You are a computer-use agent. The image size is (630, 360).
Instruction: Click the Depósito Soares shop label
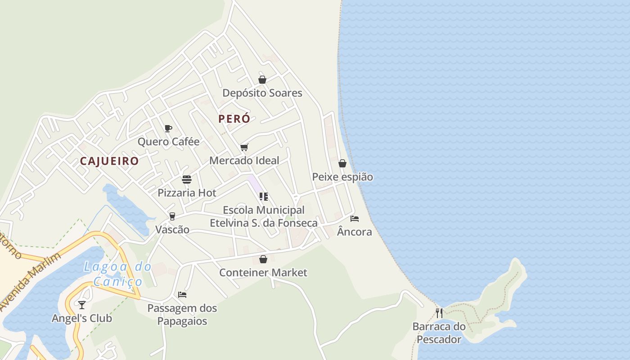tap(262, 93)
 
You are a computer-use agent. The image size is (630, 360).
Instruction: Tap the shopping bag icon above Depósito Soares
tap(262, 80)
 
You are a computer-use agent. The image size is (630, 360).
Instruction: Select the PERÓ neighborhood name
tap(234, 119)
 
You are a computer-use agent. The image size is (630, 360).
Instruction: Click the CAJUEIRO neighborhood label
tap(109, 161)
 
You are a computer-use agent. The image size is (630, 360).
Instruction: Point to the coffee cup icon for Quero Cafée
tap(168, 129)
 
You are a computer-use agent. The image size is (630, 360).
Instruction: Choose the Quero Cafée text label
tap(168, 142)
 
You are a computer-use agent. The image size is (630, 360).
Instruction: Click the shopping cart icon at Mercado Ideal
tap(244, 147)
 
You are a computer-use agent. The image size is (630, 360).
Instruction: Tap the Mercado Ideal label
tap(244, 160)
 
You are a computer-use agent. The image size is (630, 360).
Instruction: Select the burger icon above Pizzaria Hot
tap(187, 180)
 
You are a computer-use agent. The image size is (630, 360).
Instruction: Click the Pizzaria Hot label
tap(187, 193)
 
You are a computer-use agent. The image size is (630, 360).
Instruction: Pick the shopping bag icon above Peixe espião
tap(342, 163)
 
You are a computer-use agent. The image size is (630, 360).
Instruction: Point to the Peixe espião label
tap(342, 177)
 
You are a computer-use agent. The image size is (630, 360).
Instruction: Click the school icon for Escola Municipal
tap(264, 197)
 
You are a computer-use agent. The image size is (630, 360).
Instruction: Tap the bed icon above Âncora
tap(355, 219)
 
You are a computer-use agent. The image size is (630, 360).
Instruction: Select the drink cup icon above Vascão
tap(172, 216)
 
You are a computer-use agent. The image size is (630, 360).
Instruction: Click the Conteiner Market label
tap(263, 273)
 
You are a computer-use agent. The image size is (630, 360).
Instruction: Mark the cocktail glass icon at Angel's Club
tap(81, 305)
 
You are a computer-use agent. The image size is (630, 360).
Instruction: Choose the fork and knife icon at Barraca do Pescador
tap(439, 313)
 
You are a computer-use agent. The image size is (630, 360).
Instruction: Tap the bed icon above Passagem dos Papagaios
tap(182, 295)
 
